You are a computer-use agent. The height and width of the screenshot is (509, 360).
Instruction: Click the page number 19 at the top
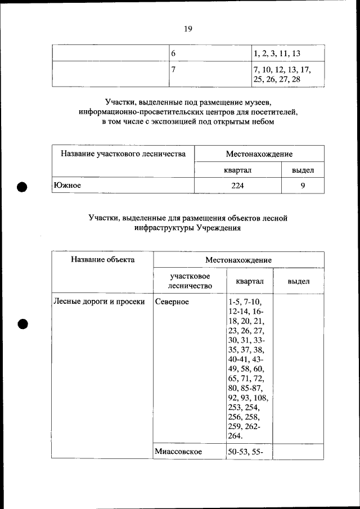(188, 29)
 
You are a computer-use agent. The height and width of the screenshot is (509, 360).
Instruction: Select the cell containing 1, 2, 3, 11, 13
(277, 53)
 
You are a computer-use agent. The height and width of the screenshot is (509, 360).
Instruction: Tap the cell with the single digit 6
(174, 53)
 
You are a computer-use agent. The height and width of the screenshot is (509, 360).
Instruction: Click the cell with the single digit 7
(174, 70)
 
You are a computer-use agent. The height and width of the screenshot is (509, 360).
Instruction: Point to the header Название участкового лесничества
(123, 154)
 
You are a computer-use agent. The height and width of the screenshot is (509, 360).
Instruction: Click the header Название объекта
(103, 260)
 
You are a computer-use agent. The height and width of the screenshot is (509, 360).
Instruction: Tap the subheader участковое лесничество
(190, 281)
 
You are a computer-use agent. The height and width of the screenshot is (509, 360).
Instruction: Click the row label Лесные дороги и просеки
(99, 301)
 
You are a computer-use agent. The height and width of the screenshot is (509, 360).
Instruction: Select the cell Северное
(173, 301)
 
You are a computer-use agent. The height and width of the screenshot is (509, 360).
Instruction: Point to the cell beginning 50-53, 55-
(246, 452)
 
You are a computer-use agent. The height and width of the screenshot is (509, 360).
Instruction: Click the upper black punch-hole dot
(22, 187)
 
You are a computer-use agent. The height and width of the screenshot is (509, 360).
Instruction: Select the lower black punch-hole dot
(22, 324)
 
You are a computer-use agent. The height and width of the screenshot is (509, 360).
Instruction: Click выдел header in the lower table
(298, 281)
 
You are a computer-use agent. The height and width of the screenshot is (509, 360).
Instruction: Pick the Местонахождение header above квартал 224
(259, 154)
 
